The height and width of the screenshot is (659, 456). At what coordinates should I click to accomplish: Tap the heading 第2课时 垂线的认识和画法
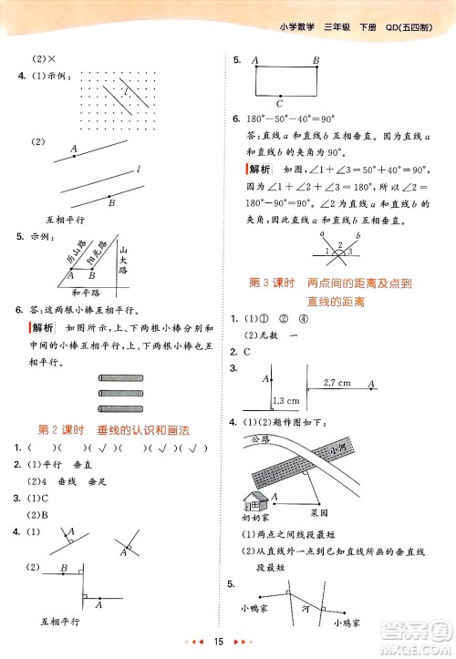(x=124, y=430)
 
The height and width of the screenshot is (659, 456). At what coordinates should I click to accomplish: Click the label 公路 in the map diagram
(x=262, y=440)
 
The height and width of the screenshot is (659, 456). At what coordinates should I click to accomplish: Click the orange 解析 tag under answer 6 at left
(x=42, y=328)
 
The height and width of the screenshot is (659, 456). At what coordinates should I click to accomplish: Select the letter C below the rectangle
(x=279, y=102)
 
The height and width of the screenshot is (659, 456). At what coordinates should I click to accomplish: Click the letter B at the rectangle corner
(x=316, y=61)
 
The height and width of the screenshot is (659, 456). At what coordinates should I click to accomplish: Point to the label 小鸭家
(x=261, y=608)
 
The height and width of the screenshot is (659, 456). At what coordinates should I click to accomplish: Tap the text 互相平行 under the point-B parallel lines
(x=67, y=219)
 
